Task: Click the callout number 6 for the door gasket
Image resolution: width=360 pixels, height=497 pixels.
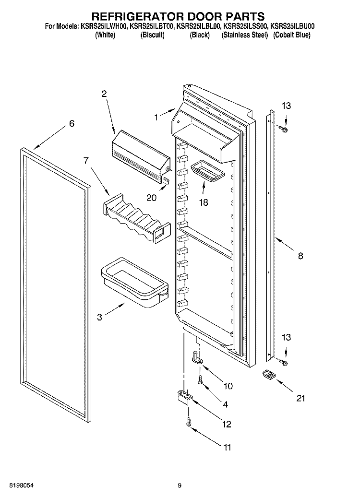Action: tap(72, 123)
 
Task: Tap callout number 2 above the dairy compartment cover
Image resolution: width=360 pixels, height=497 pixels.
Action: tap(104, 94)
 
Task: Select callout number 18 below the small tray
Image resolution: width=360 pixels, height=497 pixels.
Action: tap(204, 202)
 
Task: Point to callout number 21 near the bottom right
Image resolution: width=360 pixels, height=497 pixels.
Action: tap(300, 398)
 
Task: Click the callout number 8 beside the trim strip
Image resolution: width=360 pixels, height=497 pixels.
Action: tap(300, 256)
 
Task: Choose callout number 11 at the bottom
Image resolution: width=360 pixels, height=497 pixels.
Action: tap(228, 447)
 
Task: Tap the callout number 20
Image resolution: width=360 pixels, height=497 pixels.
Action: tap(151, 198)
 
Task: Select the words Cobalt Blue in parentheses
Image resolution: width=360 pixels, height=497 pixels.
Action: tap(291, 35)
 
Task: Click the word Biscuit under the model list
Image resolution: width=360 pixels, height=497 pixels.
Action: tap(153, 35)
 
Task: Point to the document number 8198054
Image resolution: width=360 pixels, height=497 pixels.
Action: tap(22, 485)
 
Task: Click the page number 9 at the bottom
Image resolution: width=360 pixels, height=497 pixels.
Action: tap(180, 485)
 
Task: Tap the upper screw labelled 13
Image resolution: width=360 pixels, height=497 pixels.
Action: tap(283, 129)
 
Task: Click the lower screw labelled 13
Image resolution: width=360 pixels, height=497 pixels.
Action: tap(283, 361)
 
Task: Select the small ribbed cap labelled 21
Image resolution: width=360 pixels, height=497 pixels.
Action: tap(269, 375)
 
